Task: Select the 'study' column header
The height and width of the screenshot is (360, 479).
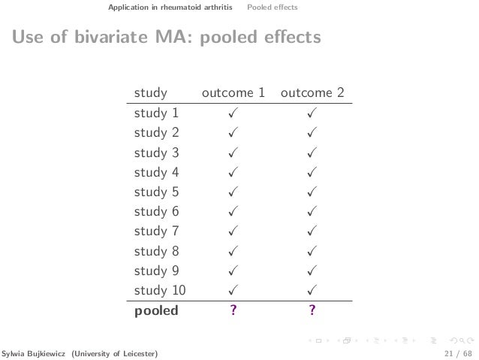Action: coord(150,93)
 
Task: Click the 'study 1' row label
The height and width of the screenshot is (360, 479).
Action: coord(156,114)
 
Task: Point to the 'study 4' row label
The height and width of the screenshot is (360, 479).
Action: coord(156,172)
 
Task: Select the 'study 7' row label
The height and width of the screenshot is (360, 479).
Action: coord(156,231)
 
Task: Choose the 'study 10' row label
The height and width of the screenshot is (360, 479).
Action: coord(159,289)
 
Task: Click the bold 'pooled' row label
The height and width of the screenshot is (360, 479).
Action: coord(156,309)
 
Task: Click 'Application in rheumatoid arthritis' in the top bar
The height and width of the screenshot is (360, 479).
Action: coord(170,8)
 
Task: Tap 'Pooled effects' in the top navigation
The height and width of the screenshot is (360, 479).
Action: coord(273,8)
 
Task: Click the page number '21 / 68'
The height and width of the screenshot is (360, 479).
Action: coord(456,352)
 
